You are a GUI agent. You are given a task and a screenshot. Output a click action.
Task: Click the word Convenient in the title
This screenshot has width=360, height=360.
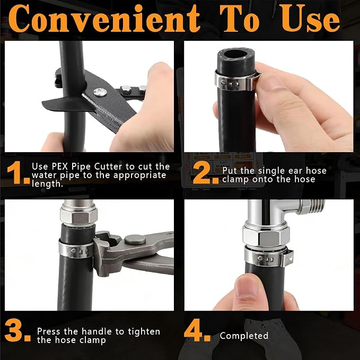click(x=104, y=19)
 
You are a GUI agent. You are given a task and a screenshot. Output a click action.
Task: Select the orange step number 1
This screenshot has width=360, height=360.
click(x=19, y=173)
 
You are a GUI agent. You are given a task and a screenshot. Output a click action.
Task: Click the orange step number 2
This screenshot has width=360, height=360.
click(x=206, y=173)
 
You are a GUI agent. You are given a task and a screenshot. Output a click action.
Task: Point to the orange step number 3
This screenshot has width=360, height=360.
click(x=17, y=330)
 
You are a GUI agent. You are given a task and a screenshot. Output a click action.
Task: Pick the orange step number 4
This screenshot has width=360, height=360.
click(x=197, y=330)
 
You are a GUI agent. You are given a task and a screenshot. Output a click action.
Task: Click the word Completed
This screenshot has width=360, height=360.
click(x=244, y=336)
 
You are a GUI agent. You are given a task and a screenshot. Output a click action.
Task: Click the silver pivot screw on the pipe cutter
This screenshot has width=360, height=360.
click(x=100, y=92)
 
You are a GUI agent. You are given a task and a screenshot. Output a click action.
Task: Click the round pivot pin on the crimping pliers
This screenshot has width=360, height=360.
click(x=135, y=240)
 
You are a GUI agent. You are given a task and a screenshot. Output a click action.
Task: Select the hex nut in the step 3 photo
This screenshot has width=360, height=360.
click(x=79, y=216)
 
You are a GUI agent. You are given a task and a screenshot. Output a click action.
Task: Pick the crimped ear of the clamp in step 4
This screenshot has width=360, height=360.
click(x=287, y=258)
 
